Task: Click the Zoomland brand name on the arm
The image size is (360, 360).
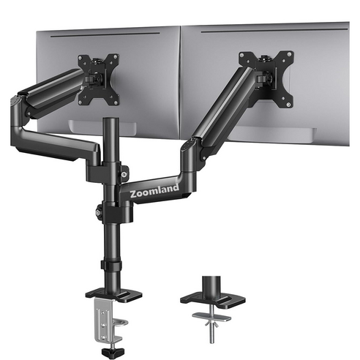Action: click(154, 191)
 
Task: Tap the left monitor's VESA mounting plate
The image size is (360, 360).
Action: click(99, 80)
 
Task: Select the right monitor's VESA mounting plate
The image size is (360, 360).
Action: click(266, 78)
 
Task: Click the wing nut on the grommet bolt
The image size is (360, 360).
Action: click(211, 324)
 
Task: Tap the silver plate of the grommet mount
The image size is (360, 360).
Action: click(211, 317)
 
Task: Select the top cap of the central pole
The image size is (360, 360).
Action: click(111, 119)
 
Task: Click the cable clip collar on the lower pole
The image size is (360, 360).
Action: click(111, 265)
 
